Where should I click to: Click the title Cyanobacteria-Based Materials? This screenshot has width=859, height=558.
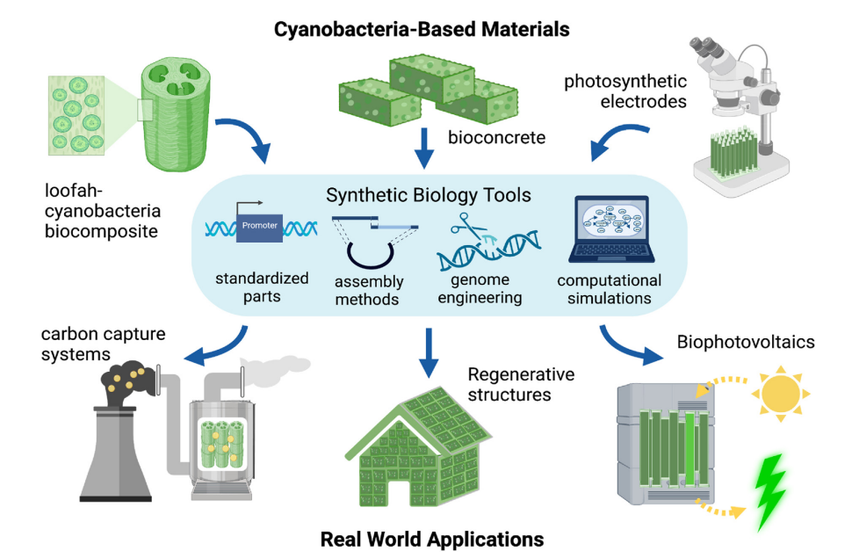422,30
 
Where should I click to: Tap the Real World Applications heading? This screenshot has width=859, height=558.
431,538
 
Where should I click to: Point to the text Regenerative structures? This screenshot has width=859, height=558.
521,384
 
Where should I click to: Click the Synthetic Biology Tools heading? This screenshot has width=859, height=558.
429,194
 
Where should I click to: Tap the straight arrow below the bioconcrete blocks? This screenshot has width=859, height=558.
425,147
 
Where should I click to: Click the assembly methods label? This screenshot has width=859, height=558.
368,291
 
